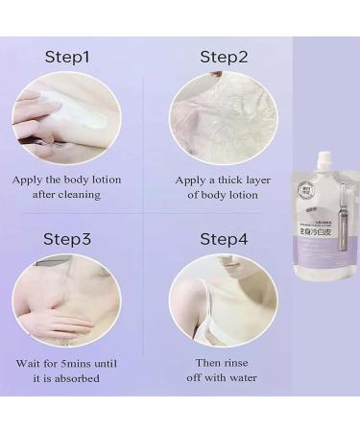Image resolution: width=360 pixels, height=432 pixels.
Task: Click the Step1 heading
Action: coord(67,57)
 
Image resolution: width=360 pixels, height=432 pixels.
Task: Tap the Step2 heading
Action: coord(223,57)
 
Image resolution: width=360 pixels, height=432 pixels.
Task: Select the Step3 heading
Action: coord(67,237)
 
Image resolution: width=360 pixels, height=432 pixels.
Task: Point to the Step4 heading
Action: coord(223,237)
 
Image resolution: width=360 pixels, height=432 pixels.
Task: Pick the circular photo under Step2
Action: coord(223,116)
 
